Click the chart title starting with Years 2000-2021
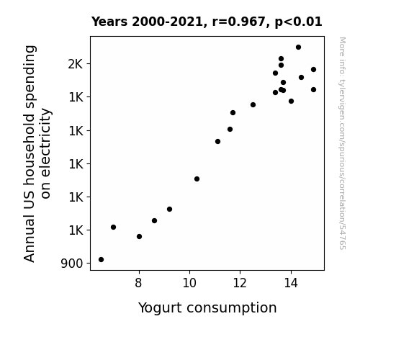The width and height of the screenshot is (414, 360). (x=207, y=22)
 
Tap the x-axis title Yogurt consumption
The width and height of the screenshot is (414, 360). (x=207, y=308)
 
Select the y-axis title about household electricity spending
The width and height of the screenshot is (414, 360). (x=37, y=153)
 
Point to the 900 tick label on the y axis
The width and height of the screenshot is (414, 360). (x=72, y=264)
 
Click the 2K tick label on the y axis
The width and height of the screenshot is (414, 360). (x=76, y=64)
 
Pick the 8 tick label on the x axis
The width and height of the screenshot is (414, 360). (x=139, y=283)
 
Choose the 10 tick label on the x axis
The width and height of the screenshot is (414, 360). (x=189, y=283)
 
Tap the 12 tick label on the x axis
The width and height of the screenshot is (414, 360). (x=240, y=283)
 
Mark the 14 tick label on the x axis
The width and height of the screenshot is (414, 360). (x=291, y=283)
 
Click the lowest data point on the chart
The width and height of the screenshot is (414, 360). (x=101, y=260)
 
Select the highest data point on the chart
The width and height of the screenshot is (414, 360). (x=298, y=48)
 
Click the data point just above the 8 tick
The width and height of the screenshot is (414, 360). (x=139, y=236)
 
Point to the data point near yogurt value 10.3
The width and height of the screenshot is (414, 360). (x=197, y=179)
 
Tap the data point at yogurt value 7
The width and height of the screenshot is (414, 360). (x=113, y=227)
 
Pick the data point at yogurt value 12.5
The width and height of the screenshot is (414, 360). (x=253, y=105)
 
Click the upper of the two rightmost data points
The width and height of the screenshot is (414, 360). (x=313, y=69)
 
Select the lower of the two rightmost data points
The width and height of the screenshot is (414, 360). (x=313, y=90)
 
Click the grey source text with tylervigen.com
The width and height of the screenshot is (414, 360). (x=342, y=143)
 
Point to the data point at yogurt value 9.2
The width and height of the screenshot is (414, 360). (x=169, y=210)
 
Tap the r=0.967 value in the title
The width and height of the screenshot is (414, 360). (x=239, y=22)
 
